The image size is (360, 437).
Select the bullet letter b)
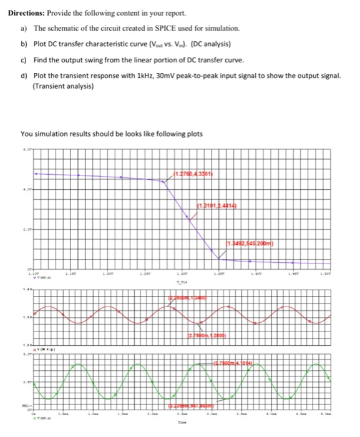pos(24,45)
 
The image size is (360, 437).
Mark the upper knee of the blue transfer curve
pos(166,182)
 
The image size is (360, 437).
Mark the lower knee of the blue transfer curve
pos(218,258)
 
